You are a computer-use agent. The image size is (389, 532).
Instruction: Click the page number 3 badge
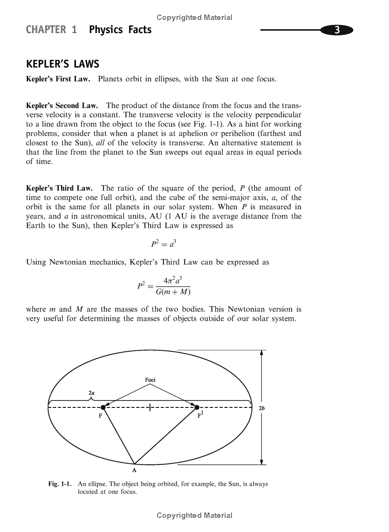click(336, 30)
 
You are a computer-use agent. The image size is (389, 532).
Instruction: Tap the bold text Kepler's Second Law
click(62, 105)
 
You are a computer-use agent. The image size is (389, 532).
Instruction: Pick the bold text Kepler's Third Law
click(59, 188)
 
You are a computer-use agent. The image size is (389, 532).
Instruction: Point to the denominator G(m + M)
click(173, 292)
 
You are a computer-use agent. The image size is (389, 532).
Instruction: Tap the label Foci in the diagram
click(150, 379)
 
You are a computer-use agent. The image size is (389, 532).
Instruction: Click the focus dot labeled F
click(103, 407)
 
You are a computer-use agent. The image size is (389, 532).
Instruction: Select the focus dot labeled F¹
click(197, 407)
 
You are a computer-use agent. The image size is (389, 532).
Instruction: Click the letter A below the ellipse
click(134, 471)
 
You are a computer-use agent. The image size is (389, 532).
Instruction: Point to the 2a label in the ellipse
click(91, 392)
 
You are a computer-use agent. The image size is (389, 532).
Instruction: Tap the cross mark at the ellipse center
click(150, 407)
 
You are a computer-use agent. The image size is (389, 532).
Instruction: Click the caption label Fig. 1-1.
click(60, 484)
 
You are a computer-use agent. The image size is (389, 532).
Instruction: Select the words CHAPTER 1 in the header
click(51, 30)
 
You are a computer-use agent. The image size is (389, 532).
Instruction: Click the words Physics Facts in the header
click(120, 30)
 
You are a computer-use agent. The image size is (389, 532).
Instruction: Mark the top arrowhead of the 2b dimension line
click(262, 352)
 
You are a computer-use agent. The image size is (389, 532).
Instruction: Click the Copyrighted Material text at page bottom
click(194, 515)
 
